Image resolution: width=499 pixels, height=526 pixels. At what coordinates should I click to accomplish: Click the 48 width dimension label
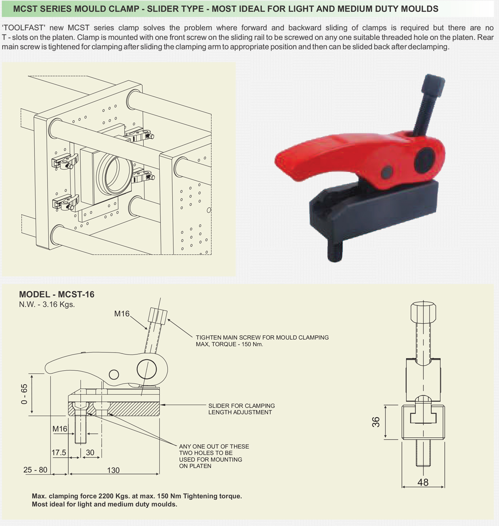(x=423, y=482)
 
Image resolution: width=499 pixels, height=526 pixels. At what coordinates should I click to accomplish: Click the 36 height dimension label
(x=376, y=422)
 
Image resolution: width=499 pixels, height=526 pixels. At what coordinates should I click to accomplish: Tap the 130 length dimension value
(x=113, y=471)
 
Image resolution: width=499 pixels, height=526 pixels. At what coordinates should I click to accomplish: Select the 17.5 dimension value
(x=59, y=452)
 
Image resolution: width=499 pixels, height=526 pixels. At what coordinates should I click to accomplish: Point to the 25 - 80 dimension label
(x=35, y=470)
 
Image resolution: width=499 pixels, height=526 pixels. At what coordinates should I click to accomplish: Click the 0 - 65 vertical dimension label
(x=24, y=394)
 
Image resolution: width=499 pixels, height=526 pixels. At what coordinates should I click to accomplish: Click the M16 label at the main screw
(x=122, y=314)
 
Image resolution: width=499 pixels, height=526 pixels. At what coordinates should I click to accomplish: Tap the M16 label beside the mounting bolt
(x=59, y=429)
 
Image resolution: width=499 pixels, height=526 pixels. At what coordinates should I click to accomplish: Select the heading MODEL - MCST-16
(x=57, y=294)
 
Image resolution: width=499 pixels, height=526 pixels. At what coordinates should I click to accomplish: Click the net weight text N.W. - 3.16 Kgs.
(x=47, y=305)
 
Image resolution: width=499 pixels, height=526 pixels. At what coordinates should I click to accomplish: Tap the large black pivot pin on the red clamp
(x=424, y=160)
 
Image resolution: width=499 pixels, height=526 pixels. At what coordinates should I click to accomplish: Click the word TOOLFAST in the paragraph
(x=24, y=28)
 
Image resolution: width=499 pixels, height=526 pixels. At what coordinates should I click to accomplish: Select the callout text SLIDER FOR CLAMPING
(x=241, y=406)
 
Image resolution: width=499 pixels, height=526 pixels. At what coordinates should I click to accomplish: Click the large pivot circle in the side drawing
(x=147, y=369)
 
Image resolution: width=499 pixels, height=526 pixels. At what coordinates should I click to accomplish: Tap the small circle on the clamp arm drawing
(x=114, y=374)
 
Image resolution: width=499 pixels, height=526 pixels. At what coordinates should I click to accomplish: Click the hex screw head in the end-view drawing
(x=423, y=312)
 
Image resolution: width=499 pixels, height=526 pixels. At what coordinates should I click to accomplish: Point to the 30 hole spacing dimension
(x=90, y=452)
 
